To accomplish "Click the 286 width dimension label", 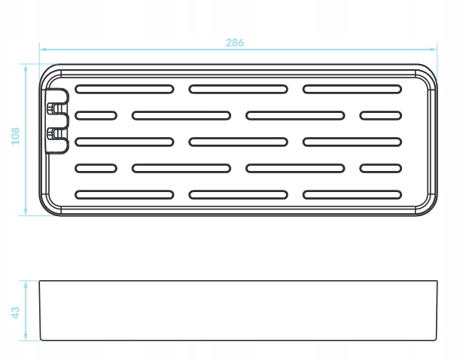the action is point(235,43).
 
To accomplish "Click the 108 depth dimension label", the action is point(16,136).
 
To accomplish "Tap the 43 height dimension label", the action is point(16,313).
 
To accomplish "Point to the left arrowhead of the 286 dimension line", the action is point(43,50).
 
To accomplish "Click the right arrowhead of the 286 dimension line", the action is point(434,50).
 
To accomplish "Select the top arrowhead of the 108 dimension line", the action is point(26,68).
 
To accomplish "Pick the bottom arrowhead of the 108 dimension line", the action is point(26,212).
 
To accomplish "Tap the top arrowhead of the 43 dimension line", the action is point(26,284).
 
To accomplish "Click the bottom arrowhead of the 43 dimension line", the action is point(26,337).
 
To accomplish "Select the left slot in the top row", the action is point(124,89).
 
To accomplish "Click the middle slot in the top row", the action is point(239,89).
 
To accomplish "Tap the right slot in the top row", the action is point(352,89).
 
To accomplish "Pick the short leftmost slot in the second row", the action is point(96,116).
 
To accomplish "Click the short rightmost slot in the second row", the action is point(381,116).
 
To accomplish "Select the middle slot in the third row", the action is point(239,142).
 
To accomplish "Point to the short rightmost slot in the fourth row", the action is point(381,169).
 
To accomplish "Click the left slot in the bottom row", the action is point(124,195).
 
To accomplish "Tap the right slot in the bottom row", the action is point(352,195).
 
